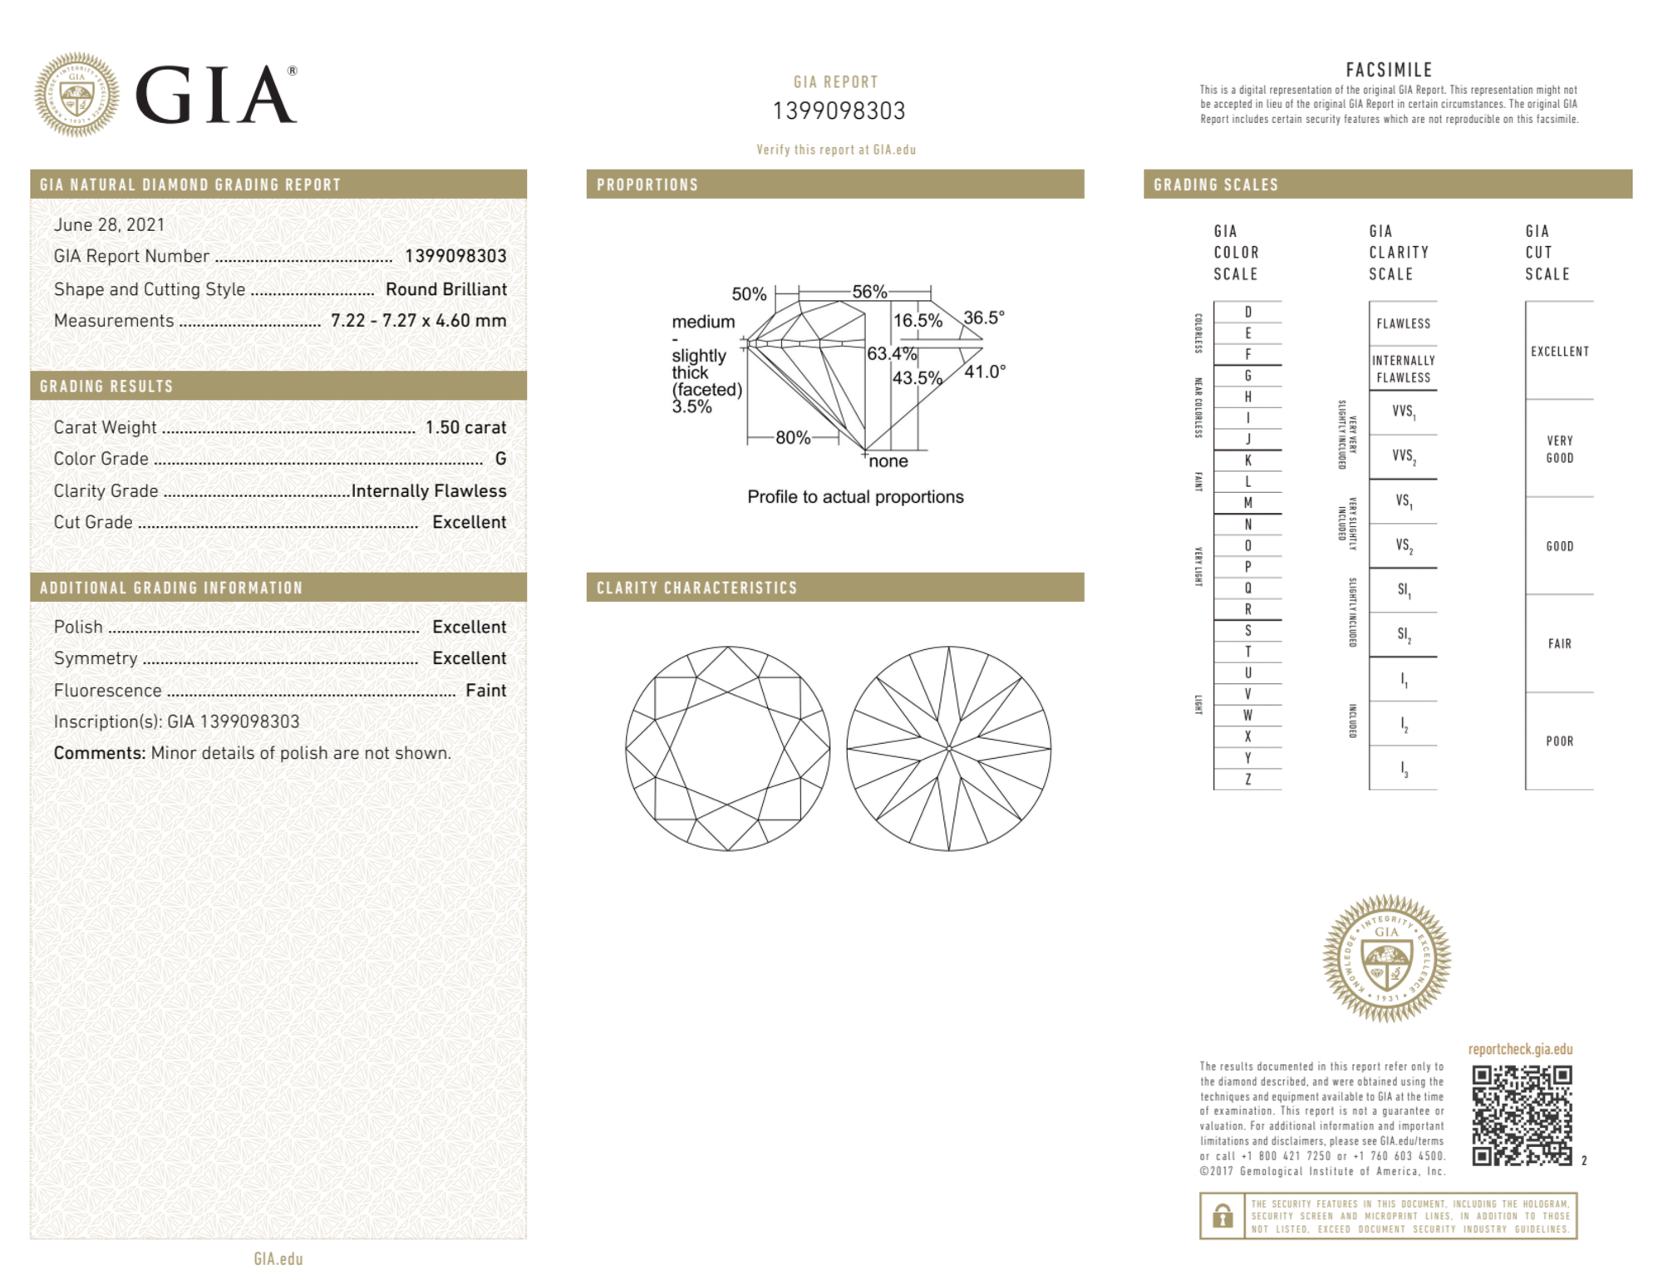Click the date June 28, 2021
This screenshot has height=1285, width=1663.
(109, 224)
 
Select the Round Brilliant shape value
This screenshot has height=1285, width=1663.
(445, 289)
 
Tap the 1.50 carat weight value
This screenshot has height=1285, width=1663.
(465, 427)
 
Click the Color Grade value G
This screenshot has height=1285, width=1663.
(500, 459)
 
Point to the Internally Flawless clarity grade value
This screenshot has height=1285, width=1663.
(428, 491)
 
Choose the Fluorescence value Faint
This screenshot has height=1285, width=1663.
(485, 691)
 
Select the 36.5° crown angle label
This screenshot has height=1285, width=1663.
(984, 318)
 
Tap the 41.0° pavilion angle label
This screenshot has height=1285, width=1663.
(985, 372)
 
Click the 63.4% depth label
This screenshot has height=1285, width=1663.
(891, 354)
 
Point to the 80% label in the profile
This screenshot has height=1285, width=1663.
(793, 437)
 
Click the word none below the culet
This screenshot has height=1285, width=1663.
(888, 461)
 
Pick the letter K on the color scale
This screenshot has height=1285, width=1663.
(1247, 460)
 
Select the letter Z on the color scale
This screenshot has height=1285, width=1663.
(1247, 780)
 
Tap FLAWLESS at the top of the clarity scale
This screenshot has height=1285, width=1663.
(1403, 324)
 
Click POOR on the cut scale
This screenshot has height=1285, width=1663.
(1559, 741)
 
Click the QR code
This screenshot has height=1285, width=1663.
(1522, 1115)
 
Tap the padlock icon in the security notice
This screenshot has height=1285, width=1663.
(1222, 1217)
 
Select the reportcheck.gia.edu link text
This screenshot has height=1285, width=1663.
(1520, 1049)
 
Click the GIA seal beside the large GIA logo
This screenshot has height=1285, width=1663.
(76, 95)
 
